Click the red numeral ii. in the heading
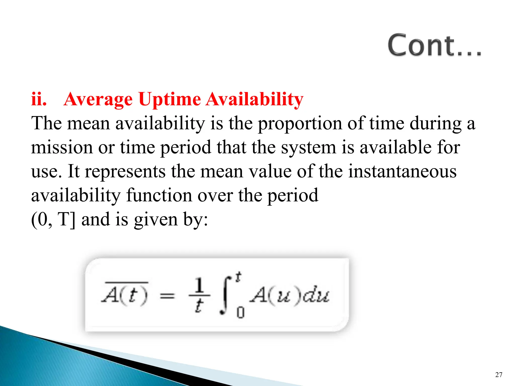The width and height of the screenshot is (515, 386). click(x=39, y=99)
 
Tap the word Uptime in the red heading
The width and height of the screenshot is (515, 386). click(x=169, y=100)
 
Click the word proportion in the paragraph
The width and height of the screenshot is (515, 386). click(x=300, y=124)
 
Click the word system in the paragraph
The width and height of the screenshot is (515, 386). click(x=308, y=148)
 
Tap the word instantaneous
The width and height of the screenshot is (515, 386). click(x=402, y=171)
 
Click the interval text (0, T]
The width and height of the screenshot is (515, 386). click(x=53, y=220)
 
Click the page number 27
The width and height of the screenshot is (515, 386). click(x=499, y=375)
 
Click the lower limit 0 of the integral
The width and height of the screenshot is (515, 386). click(x=240, y=313)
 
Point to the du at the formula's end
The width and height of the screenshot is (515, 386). click(x=316, y=296)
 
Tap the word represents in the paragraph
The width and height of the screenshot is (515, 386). click(x=125, y=171)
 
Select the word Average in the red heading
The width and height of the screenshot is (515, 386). click(x=98, y=100)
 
